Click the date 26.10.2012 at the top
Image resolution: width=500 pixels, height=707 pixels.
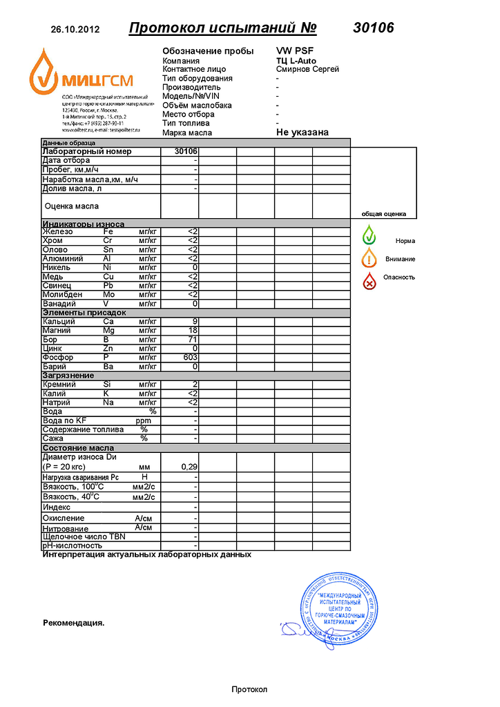point(75,30)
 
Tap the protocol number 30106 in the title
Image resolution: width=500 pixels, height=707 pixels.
point(373,28)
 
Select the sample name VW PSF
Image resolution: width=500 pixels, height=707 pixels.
point(294,51)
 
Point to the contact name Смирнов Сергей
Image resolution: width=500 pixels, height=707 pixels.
point(307,69)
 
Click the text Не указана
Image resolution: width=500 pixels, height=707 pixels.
point(302,132)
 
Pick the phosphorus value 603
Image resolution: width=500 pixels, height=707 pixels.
point(190,358)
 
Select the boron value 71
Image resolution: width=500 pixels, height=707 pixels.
point(193,340)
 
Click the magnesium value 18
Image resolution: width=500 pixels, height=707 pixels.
point(193,331)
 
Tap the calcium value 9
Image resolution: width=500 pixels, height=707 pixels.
point(195,322)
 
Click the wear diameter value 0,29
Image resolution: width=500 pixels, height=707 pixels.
point(189,467)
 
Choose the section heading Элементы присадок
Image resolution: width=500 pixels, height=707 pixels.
point(84,313)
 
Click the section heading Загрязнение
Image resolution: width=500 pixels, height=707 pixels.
point(68,376)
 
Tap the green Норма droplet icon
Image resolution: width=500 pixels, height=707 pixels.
point(370,235)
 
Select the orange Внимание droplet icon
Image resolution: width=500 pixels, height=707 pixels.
point(370,258)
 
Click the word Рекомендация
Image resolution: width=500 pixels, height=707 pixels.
point(73,623)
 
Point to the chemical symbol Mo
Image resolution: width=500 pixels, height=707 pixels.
point(108,294)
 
